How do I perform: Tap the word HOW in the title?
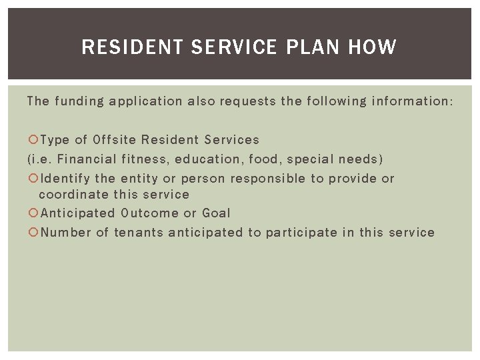371,47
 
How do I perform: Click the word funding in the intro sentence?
78,101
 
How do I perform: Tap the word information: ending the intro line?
410,101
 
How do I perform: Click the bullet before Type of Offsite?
33,140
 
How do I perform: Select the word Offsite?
115,140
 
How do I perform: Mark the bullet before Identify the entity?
33,179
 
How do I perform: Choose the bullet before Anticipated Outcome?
33,213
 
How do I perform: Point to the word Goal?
215,213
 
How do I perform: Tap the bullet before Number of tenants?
33,233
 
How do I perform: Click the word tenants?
138,233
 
